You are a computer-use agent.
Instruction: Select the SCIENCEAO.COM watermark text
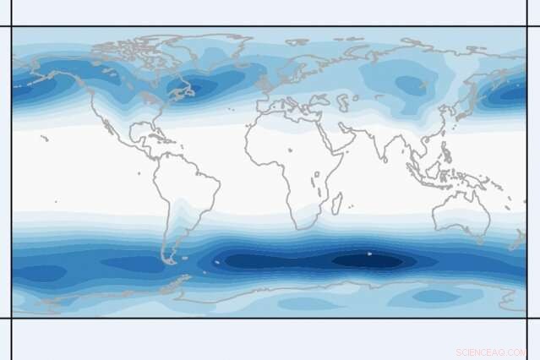491,352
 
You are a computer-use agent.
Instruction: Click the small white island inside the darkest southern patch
369,254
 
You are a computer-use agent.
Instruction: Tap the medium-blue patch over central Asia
410,85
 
